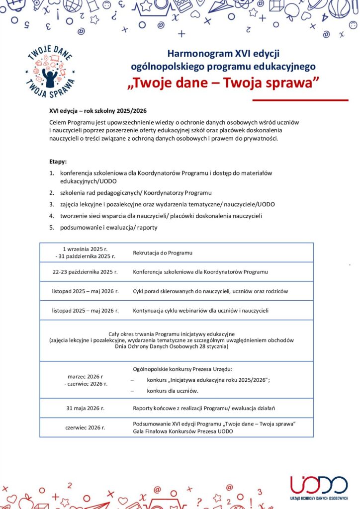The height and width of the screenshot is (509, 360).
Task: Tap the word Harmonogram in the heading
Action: click(194, 53)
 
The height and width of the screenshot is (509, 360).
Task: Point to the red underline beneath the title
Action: click(300, 100)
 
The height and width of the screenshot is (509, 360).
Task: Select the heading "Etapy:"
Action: click(58, 162)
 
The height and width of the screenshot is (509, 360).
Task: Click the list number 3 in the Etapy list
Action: click(51, 204)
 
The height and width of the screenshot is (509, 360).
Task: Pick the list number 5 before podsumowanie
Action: click(51, 228)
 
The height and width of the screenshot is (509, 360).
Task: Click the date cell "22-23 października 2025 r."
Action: click(85, 272)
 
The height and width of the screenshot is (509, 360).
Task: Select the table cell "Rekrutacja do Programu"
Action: click(162, 253)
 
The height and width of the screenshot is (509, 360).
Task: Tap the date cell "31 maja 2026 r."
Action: click(85, 408)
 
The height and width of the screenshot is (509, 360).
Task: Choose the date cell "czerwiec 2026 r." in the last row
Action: click(85, 427)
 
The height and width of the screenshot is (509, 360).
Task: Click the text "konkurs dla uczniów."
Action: click(173, 391)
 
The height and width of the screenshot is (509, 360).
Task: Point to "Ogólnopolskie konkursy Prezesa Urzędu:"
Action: click(182, 369)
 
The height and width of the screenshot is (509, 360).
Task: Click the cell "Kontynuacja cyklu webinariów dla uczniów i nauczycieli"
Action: click(200, 311)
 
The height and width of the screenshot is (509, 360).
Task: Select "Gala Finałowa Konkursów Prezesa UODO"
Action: click(182, 431)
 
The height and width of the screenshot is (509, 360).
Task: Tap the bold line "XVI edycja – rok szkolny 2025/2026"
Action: click(98, 111)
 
